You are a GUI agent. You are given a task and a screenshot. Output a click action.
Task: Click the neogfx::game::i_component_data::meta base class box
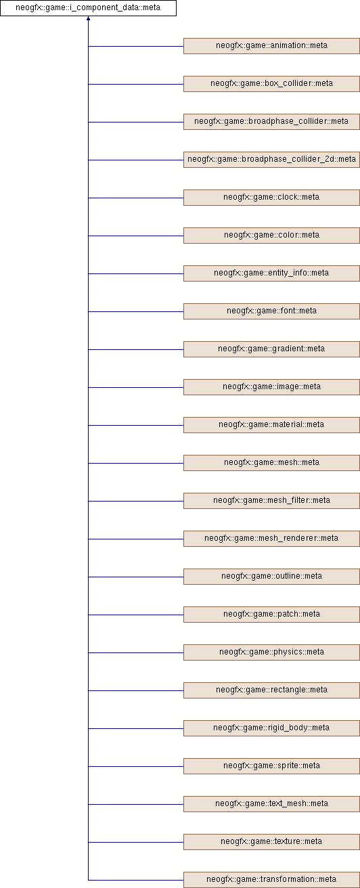88,8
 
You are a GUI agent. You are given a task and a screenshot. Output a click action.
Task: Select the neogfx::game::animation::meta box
271,46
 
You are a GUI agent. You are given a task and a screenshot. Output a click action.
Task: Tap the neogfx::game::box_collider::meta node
271,84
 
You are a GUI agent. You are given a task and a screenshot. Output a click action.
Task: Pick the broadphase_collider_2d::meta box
271,160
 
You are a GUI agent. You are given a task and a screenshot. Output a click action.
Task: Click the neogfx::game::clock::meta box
271,198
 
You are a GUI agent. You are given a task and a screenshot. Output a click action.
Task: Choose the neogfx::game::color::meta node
271,236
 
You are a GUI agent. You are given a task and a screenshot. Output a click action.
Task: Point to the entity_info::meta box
271,273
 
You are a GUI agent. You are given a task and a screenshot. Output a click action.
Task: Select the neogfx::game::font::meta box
271,311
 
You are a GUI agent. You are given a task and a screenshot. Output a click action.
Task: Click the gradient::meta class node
271,349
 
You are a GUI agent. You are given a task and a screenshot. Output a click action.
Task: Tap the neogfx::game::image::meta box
271,387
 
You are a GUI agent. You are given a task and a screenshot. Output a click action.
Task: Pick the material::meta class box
271,425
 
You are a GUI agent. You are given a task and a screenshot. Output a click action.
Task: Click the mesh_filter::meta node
271,501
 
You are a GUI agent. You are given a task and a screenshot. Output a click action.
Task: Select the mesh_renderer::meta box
271,539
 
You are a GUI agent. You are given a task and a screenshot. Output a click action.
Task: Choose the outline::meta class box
271,577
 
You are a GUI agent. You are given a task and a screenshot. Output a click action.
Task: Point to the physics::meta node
271,652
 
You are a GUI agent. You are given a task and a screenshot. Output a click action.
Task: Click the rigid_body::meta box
271,728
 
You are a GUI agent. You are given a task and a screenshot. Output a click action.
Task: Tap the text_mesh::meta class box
271,804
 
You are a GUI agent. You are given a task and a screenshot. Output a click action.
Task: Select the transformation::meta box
271,880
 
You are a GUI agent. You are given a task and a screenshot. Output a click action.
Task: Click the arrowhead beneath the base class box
88,19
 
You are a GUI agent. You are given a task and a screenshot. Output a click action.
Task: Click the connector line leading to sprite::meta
135,766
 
